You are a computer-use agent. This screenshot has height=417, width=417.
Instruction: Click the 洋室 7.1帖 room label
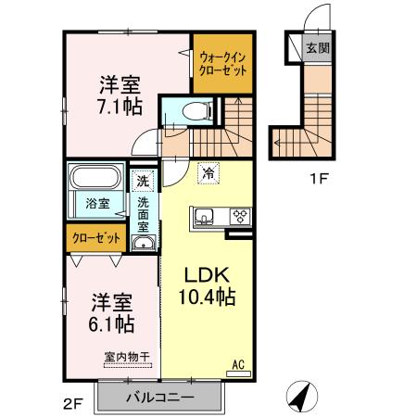tap(121, 95)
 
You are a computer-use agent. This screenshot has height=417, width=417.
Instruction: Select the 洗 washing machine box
tap(142, 182)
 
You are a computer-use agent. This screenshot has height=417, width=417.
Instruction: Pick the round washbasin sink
tap(142, 243)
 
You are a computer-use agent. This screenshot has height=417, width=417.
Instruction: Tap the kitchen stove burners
tap(239, 217)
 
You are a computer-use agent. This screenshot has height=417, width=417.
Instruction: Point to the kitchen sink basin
tap(204, 218)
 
